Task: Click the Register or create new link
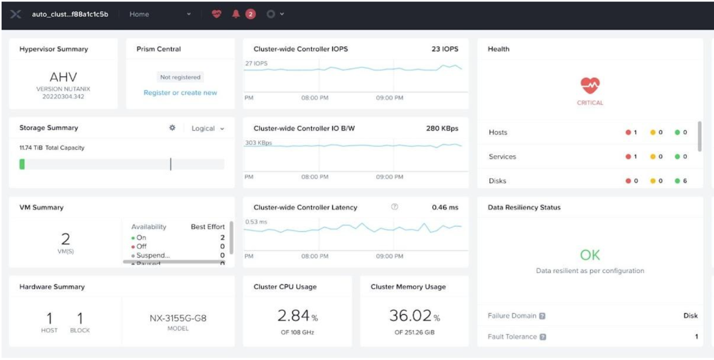[x=180, y=93]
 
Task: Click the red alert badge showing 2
[x=250, y=15]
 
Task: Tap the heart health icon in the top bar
[x=216, y=15]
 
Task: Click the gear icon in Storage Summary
[x=172, y=128]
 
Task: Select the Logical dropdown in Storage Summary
[x=208, y=128]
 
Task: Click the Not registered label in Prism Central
[x=180, y=77]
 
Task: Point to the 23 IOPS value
[x=445, y=49]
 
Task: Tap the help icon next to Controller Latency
[x=395, y=207]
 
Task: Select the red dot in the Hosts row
[x=628, y=133]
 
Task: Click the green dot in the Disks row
[x=677, y=181]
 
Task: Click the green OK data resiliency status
[x=590, y=255]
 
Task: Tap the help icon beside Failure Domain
[x=542, y=316]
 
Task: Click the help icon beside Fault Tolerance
[x=543, y=337]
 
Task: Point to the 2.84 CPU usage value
[x=293, y=316]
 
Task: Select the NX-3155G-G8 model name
[x=178, y=318]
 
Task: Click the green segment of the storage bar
[x=22, y=164]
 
